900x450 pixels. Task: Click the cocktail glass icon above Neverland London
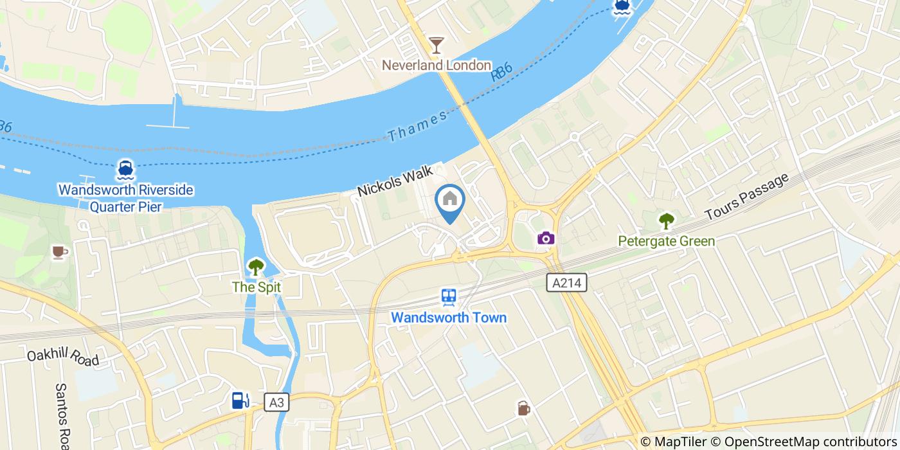pos(437,45)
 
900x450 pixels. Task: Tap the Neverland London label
pos(437,66)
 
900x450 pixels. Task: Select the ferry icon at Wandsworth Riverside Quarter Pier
pos(125,170)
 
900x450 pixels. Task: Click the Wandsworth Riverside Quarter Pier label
pos(125,198)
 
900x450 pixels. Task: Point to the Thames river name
pos(417,126)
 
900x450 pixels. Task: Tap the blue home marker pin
pos(450,201)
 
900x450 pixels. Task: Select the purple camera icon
pos(546,239)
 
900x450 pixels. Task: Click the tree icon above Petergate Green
pos(666,222)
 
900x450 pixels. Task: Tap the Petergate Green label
pos(666,242)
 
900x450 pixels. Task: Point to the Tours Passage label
pos(746,197)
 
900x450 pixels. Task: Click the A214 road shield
pos(566,283)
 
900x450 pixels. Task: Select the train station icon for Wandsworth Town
pos(449,297)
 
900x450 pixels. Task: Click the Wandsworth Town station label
pos(449,318)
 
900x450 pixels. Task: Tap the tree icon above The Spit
pos(256,267)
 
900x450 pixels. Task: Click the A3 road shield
pos(276,403)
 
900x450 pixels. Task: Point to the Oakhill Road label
pos(63,357)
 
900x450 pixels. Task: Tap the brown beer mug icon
pos(524,408)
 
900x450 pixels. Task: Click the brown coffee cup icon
pos(60,253)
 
